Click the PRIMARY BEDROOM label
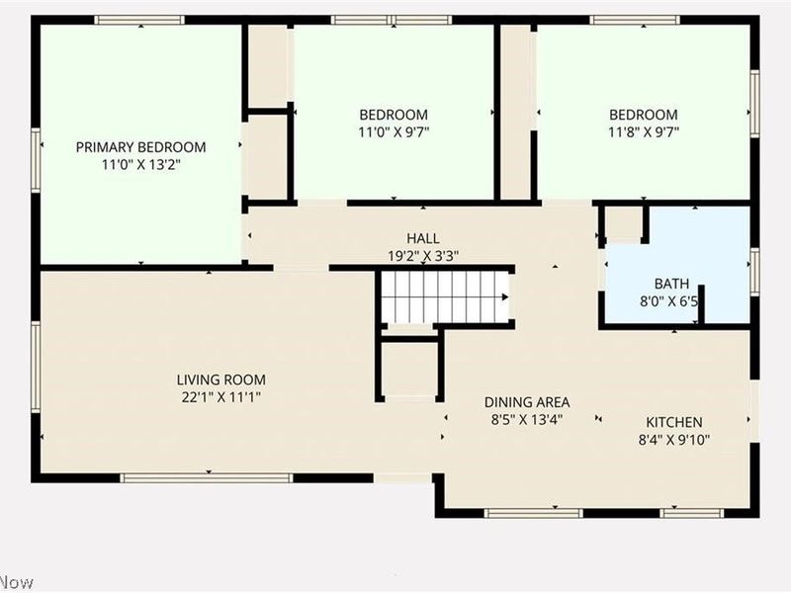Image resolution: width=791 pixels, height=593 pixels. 140,147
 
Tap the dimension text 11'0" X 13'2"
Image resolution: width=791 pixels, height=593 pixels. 140,165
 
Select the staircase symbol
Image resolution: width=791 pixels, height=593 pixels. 445,296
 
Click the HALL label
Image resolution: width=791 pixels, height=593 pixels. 422,238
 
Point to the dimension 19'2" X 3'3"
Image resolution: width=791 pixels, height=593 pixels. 422,255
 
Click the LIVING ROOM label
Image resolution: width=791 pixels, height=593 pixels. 220,380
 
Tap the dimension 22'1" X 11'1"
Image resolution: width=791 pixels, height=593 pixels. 220,396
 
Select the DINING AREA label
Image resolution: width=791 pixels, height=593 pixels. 526,402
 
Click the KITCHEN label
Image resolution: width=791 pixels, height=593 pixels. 674,422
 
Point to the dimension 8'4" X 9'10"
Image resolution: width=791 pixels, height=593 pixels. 674,440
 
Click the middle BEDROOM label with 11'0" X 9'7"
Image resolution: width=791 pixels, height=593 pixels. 394,114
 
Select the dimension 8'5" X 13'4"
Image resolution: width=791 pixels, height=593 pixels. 526,420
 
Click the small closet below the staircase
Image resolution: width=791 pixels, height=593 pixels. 409,368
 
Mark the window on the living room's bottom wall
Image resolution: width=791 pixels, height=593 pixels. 207,477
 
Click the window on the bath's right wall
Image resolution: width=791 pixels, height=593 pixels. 754,272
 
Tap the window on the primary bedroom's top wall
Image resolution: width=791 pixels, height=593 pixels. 139,20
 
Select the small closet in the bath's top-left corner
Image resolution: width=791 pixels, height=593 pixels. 623,223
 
